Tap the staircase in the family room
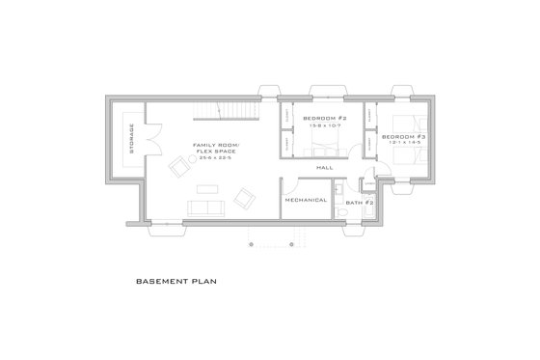[234, 111]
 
